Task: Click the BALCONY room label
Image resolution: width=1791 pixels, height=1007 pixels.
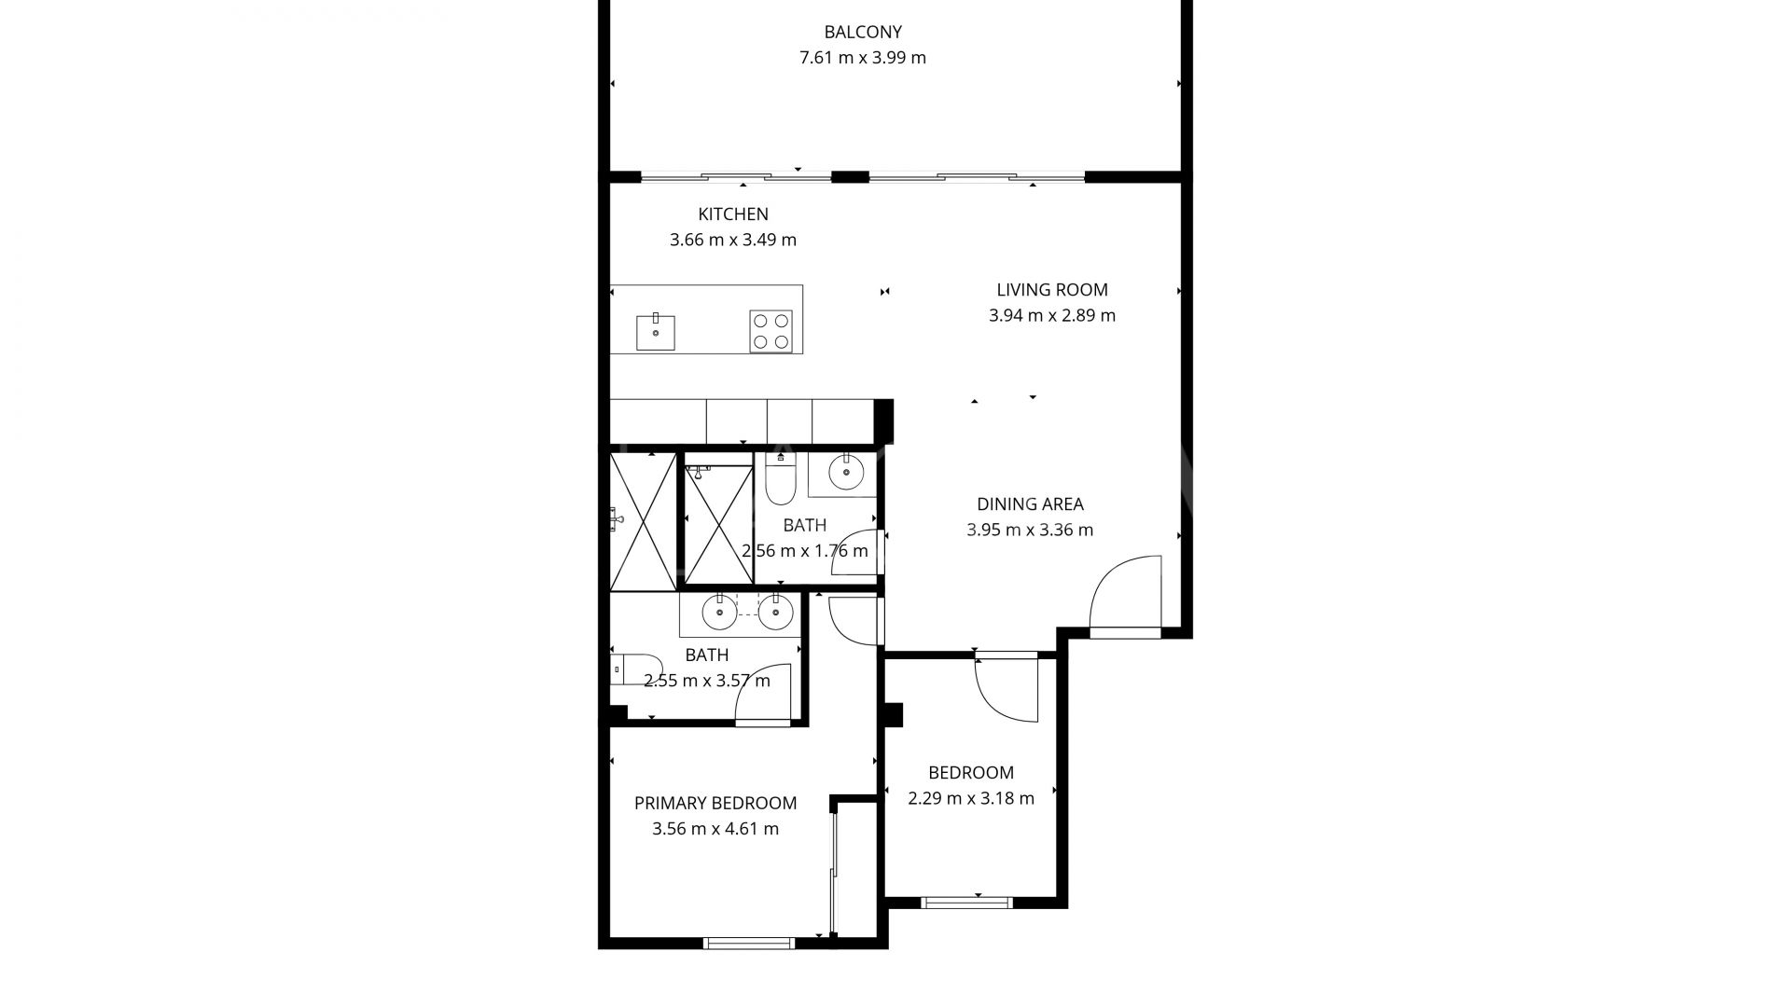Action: coord(863,33)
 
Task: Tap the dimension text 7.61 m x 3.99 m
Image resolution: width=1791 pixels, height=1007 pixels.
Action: coord(863,58)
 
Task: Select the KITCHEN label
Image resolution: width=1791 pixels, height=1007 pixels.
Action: coord(733,214)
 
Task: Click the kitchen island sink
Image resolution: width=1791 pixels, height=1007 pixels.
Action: coord(656,332)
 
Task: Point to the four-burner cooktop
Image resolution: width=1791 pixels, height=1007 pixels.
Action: coord(771,331)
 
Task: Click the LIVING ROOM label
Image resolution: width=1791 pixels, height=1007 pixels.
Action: coord(1052,290)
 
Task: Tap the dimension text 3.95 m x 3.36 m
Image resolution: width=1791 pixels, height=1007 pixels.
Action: coord(1030,531)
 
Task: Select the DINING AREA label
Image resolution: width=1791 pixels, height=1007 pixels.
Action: coord(1030,504)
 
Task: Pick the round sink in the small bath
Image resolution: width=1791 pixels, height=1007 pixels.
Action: coord(845,473)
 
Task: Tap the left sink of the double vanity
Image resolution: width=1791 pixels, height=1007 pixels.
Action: coord(719,613)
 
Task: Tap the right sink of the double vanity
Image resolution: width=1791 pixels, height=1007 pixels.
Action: coord(775,613)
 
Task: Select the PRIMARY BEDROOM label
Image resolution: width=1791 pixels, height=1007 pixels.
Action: coord(715,804)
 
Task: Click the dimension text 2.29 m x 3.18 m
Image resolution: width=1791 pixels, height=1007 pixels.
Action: coord(971,799)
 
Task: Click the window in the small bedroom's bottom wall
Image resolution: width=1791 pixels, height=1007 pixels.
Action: coord(966,903)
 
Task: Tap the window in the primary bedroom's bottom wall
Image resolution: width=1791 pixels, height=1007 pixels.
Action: coord(749,943)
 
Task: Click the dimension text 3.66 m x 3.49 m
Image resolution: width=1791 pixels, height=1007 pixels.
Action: coord(733,241)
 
